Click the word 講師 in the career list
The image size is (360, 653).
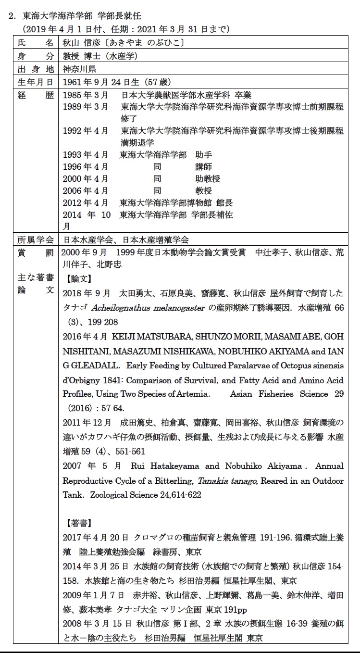coord(203,167)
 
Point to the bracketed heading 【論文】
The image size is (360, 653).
coord(76,279)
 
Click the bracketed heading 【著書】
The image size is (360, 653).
coord(76,523)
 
